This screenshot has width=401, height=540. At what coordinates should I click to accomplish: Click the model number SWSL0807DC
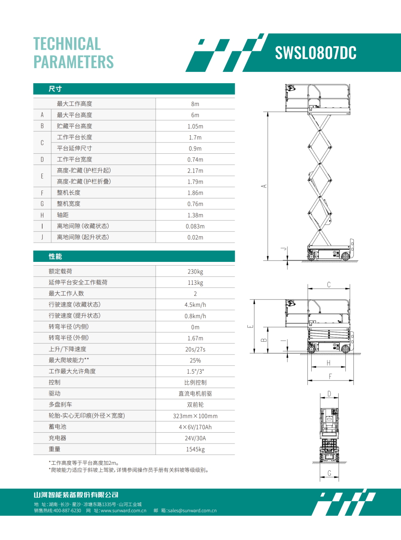315,53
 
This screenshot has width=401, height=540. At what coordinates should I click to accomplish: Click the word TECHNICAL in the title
67,44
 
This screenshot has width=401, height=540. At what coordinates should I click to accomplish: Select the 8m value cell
195,104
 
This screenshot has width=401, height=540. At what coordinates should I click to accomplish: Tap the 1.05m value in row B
195,126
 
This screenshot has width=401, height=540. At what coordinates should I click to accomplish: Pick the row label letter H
42,215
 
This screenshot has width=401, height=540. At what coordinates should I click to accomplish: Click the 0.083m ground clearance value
195,226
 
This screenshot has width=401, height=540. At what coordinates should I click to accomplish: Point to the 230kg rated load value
195,271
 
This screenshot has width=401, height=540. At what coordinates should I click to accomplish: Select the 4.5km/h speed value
195,305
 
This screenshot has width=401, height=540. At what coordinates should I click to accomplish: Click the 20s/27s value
195,349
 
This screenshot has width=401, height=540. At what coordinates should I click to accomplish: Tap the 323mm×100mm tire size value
195,416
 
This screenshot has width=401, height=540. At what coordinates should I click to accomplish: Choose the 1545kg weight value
195,449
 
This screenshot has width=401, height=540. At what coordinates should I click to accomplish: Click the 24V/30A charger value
195,438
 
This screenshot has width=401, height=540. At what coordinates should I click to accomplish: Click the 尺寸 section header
55,89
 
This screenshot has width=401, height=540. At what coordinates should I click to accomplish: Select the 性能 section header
55,256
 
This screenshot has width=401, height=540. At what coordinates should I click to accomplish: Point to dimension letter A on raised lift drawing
264,186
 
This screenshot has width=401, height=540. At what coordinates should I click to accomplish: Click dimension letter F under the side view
330,376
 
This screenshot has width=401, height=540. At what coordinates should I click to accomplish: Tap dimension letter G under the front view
329,473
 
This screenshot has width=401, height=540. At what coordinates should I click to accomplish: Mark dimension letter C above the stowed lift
329,284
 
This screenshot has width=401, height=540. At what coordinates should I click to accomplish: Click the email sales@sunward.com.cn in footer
192,510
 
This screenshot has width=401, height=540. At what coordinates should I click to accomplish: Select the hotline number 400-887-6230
67,510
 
